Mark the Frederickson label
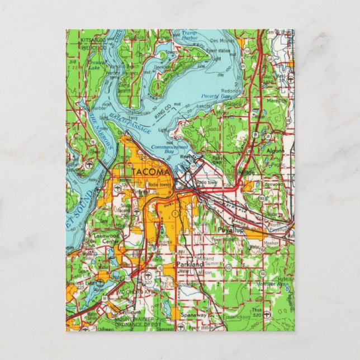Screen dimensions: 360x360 click(226, 316)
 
